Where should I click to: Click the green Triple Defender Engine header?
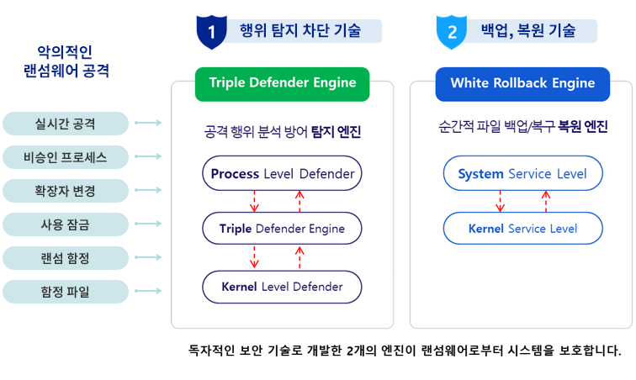(x=282, y=83)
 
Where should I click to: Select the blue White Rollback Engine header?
(x=522, y=83)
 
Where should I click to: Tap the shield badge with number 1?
(x=212, y=32)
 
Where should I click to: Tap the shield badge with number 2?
(x=452, y=32)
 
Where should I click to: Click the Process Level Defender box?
(x=282, y=174)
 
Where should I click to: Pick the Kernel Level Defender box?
(x=282, y=287)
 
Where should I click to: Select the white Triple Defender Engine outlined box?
(x=282, y=229)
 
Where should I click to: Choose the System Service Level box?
(x=522, y=174)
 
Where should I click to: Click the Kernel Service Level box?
(x=522, y=229)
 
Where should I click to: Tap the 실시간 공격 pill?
(x=66, y=124)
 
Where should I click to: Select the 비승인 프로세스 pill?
(x=66, y=157)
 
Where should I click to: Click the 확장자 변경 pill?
(x=66, y=191)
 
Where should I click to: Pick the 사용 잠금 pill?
(x=66, y=224)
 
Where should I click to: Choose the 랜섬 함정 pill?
(x=66, y=258)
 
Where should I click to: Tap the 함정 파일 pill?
(x=66, y=292)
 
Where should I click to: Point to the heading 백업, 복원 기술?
(x=528, y=32)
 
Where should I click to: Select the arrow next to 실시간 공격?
(x=148, y=124)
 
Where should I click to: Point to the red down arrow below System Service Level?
(x=500, y=201)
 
